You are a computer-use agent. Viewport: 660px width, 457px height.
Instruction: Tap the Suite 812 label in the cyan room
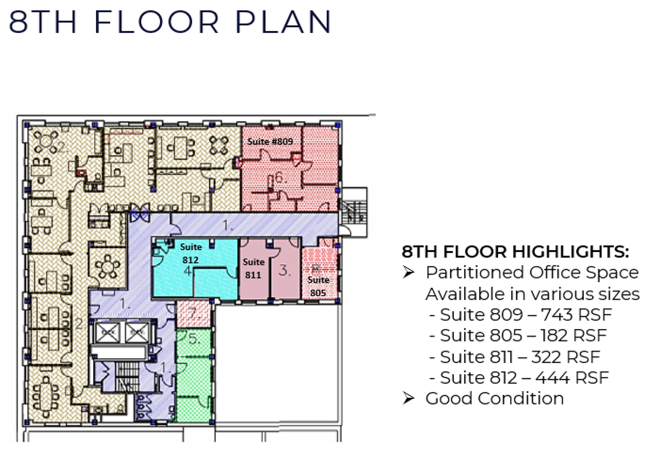point(191,253)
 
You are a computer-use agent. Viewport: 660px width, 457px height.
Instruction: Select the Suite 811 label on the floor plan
point(253,268)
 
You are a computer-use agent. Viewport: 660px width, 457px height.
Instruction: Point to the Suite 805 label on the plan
point(318,286)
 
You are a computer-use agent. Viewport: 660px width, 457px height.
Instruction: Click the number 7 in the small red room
point(194,313)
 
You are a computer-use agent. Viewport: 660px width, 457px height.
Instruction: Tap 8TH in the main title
point(42,22)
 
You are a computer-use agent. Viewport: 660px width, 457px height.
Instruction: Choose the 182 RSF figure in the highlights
point(574,335)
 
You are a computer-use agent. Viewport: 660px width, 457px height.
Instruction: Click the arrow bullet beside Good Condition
point(408,398)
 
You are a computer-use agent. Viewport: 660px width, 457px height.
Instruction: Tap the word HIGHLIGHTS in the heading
point(571,252)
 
